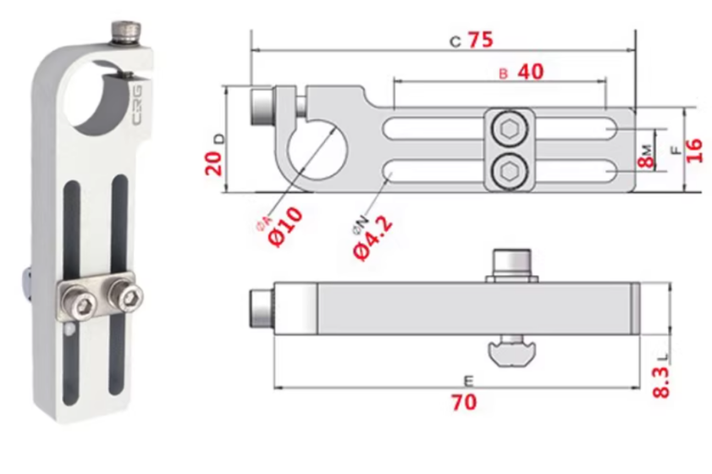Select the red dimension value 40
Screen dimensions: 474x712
(530, 72)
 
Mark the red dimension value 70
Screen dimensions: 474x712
(464, 402)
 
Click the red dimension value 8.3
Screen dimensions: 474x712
(662, 381)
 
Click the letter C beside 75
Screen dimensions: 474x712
(455, 41)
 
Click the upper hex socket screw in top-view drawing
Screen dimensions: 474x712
(510, 129)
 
